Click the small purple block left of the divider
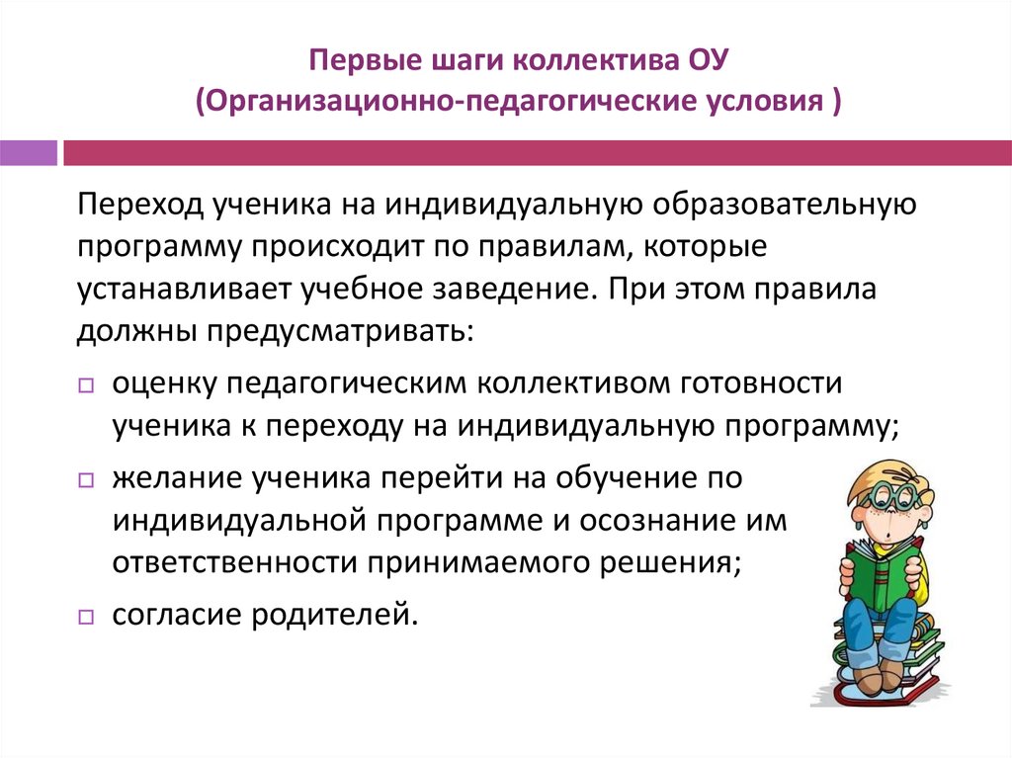click(x=29, y=153)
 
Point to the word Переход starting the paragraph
click(x=136, y=207)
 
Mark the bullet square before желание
click(x=85, y=480)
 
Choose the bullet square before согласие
click(x=85, y=617)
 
